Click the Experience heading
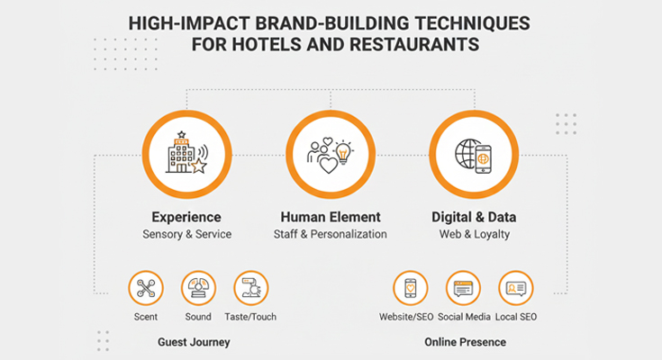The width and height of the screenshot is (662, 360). tap(186, 217)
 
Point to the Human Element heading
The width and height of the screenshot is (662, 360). tap(331, 217)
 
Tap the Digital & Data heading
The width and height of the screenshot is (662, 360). tap(474, 217)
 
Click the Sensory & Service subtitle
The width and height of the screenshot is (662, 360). tap(186, 234)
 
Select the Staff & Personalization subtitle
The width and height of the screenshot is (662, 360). tap(331, 234)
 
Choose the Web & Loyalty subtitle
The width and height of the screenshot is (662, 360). tap(474, 234)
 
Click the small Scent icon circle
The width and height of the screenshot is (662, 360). tap(146, 289)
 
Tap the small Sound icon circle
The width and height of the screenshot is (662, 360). tap(198, 289)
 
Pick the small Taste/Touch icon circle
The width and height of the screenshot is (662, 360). tap(251, 289)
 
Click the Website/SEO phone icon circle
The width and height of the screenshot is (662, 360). tap(411, 289)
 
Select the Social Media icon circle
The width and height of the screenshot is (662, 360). tap(463, 289)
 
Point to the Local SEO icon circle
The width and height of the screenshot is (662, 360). tap(516, 289)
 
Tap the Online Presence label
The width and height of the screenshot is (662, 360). tap(465, 342)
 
